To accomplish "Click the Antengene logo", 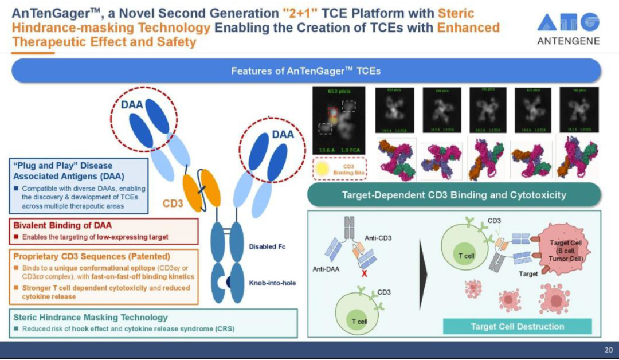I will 568,28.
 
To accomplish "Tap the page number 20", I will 608,350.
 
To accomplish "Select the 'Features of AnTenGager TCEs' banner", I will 305,71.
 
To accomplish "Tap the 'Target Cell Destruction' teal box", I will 517,326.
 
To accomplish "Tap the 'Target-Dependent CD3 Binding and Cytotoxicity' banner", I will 454,195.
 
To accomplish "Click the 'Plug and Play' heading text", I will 62,170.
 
